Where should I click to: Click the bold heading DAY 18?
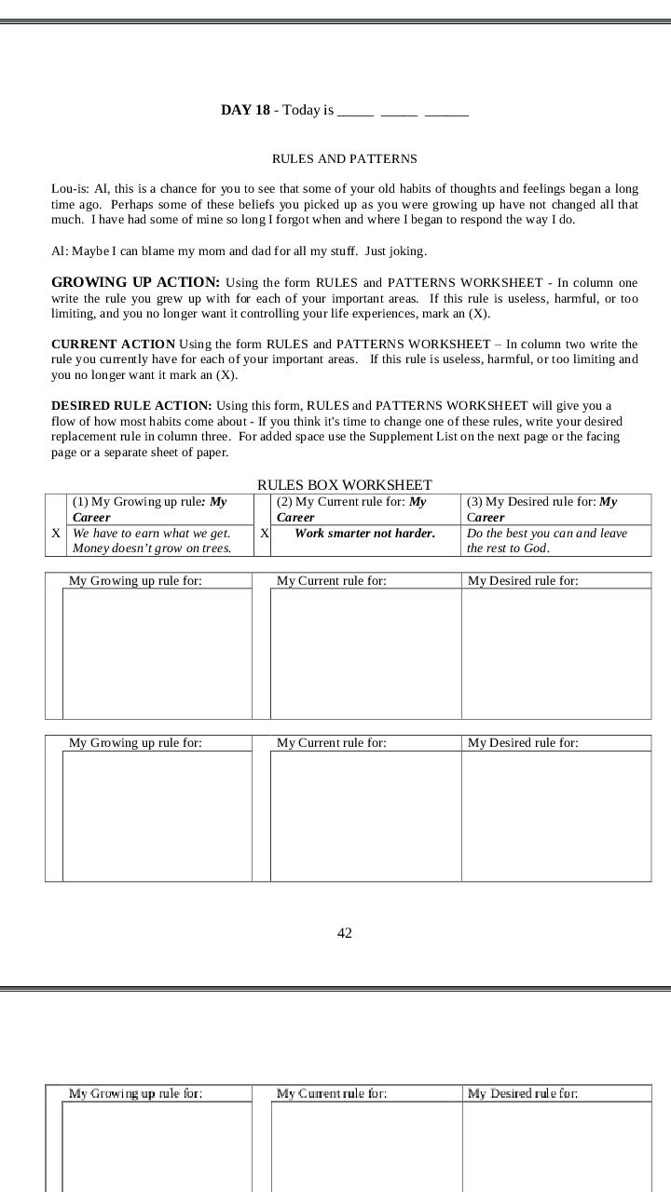(245, 110)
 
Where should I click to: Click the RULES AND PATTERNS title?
(344, 159)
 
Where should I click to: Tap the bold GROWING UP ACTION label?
(135, 282)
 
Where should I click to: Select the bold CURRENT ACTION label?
(113, 345)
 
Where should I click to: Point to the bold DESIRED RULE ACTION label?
(131, 405)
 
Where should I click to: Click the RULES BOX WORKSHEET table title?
(344, 485)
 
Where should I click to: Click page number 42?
(345, 933)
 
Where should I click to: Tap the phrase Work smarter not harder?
(364, 534)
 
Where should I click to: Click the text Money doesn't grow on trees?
(151, 549)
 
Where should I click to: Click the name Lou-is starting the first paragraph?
(70, 189)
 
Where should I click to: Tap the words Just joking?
(396, 251)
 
